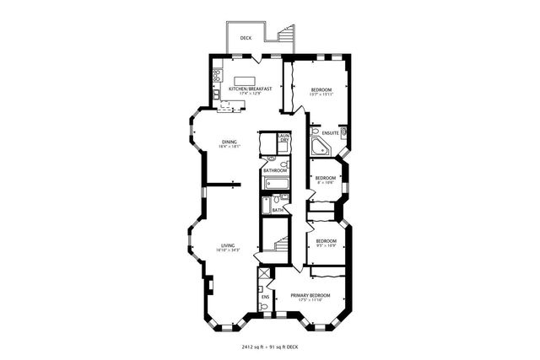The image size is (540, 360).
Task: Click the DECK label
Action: coord(246,38)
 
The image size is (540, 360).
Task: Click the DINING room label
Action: coord(229,142)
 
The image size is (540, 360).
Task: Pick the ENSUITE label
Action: coord(330,133)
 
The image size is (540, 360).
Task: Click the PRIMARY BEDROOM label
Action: coord(310,295)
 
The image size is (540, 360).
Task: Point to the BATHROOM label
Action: coord(275,171)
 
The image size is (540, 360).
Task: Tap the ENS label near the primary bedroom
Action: coord(265,297)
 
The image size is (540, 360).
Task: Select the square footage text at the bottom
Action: coord(270,346)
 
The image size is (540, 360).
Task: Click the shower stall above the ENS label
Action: coord(264,279)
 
